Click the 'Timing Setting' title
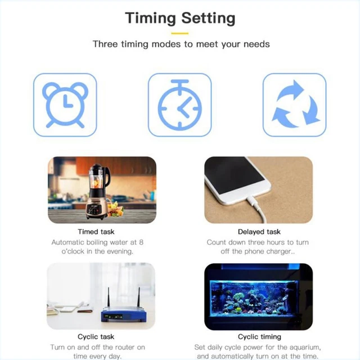[x=180, y=19]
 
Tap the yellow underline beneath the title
[x=180, y=34]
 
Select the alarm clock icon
[x=65, y=105]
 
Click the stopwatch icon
[x=180, y=105]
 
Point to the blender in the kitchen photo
[x=98, y=192]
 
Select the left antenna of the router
[x=109, y=297]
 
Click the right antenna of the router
[x=138, y=297]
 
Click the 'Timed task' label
[x=96, y=232]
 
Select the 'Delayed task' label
[x=259, y=232]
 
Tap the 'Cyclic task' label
[x=96, y=336]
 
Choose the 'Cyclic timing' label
[x=259, y=337]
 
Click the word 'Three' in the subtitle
[x=105, y=44]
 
